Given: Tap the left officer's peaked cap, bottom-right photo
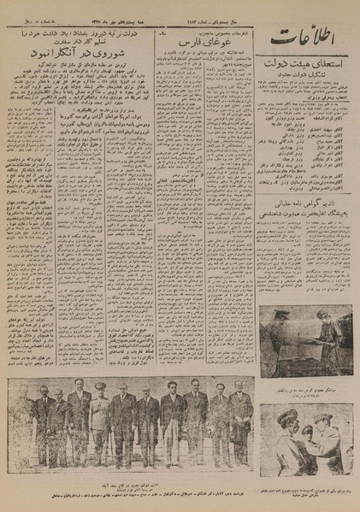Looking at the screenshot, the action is [286, 415].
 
